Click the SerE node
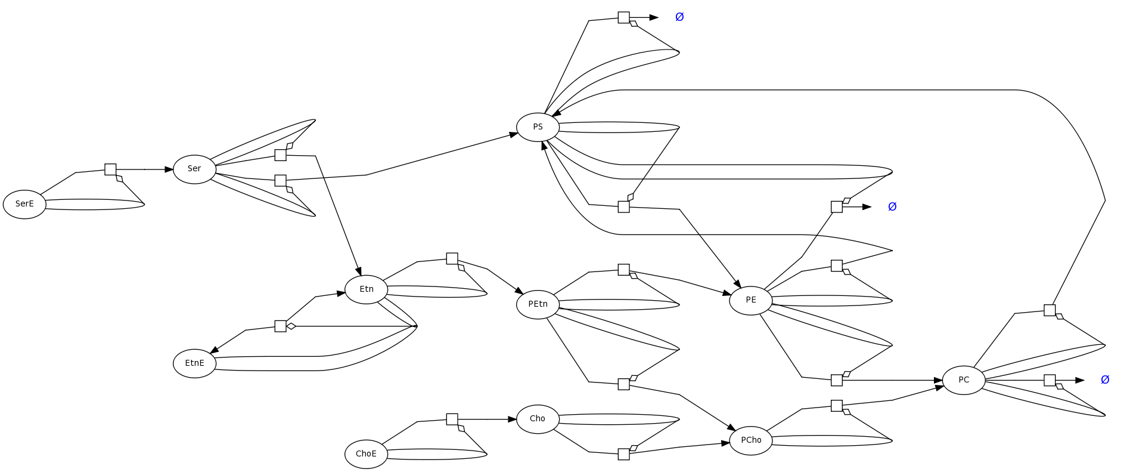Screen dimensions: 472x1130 (x=24, y=204)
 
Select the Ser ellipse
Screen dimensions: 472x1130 (x=194, y=169)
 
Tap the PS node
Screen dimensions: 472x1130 (x=538, y=127)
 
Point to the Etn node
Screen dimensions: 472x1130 (x=366, y=289)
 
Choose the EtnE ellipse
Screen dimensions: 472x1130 (x=194, y=363)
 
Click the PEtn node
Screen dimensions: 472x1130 (x=538, y=304)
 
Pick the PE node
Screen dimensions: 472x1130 (x=750, y=300)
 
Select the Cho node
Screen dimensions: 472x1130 (x=538, y=419)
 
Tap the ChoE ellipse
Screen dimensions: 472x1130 (x=366, y=454)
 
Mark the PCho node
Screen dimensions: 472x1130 (x=750, y=440)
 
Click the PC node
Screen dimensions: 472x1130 (x=964, y=380)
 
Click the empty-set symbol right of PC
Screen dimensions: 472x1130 (x=1105, y=380)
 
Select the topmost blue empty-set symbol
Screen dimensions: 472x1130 (x=679, y=17)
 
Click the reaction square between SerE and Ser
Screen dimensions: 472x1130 (x=110, y=169)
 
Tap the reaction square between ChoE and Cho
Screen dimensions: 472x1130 (x=452, y=419)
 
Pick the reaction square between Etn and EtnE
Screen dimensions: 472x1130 (x=280, y=326)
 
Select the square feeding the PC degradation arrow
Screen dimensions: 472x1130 (x=1050, y=380)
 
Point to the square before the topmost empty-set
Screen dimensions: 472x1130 (x=623, y=17)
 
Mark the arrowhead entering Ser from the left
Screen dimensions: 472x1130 (x=169, y=169)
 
